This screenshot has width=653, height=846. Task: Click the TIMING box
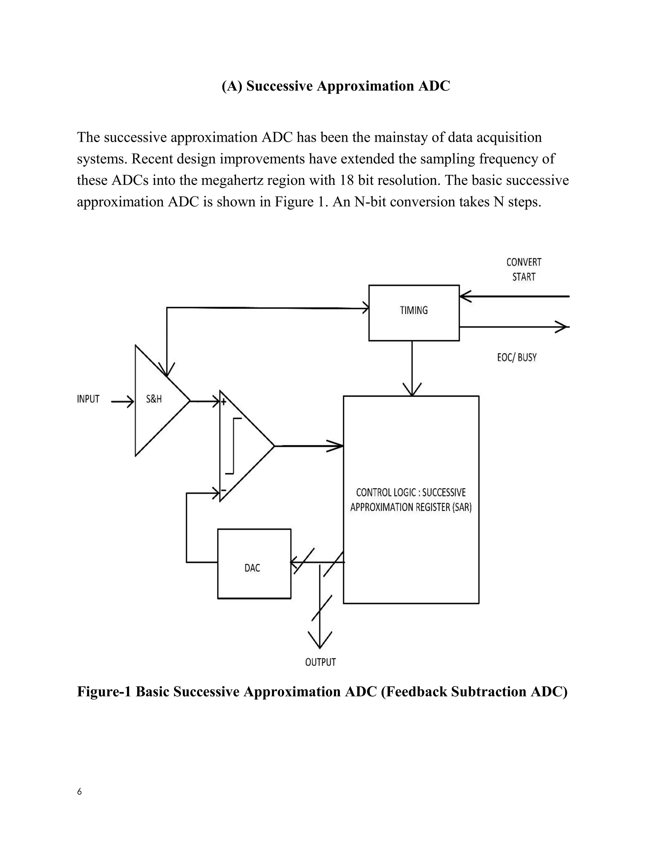414,313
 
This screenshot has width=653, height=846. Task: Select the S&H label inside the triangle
154,399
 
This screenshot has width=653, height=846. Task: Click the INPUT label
88,399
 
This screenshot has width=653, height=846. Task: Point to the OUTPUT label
320,662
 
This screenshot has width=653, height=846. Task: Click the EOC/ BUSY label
517,357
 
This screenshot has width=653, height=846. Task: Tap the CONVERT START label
524,270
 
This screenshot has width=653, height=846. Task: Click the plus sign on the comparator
223,402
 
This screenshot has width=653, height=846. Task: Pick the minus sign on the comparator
223,490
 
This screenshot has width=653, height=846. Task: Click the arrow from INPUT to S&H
122,402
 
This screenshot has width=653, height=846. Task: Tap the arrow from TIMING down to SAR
412,368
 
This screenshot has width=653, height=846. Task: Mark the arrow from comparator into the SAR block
310,446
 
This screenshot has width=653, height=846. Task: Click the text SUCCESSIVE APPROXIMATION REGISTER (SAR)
411,500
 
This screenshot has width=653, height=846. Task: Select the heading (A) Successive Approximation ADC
335,86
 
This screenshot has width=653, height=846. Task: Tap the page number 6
79,791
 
